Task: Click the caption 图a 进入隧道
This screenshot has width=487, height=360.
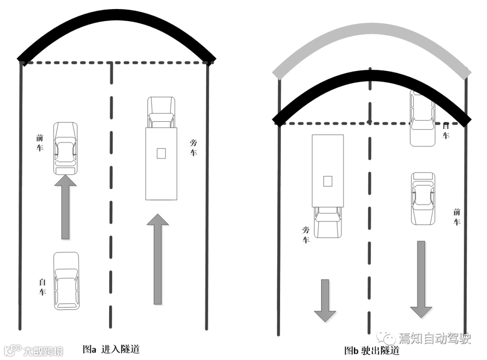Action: [111, 349]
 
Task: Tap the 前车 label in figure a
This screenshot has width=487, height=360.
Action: [40, 142]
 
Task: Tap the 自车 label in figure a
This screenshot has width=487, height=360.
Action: [42, 287]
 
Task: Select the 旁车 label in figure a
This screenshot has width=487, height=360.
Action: [193, 148]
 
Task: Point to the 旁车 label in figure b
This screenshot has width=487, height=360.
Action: [306, 235]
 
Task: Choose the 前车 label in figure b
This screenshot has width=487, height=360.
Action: [456, 217]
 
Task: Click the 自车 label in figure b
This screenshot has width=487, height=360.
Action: [446, 130]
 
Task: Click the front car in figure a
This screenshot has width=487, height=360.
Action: [65, 148]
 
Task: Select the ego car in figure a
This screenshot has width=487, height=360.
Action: [66, 281]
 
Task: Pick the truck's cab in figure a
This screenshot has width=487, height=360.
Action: [161, 112]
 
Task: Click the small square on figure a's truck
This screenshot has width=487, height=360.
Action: [161, 153]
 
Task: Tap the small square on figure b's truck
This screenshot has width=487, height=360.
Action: [328, 181]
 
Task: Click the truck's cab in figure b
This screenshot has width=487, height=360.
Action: [328, 222]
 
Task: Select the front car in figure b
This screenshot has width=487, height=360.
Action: [423, 198]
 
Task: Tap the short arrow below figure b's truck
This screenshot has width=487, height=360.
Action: [325, 300]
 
